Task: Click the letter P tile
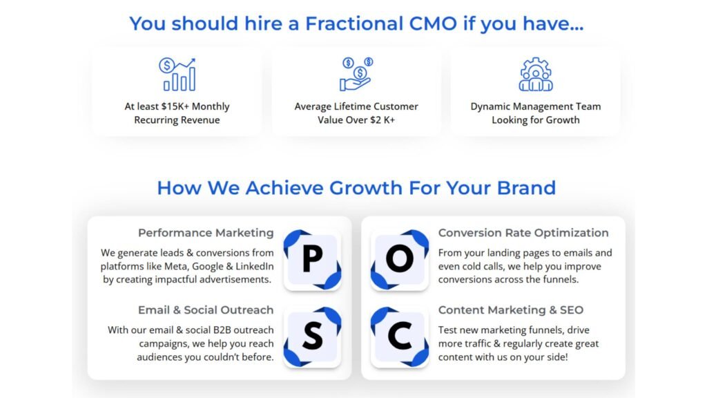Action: (x=313, y=260)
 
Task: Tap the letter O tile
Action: (x=400, y=260)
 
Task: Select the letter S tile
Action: (x=313, y=337)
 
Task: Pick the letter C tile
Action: (x=400, y=337)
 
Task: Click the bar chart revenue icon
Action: (x=180, y=75)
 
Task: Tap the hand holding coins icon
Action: (x=356, y=75)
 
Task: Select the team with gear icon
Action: (x=536, y=75)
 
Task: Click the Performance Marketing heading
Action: (x=206, y=233)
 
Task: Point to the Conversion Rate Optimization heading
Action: (x=523, y=233)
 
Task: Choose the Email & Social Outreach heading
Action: (x=206, y=310)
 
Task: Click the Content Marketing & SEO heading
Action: (x=511, y=310)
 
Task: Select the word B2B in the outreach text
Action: (x=226, y=330)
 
